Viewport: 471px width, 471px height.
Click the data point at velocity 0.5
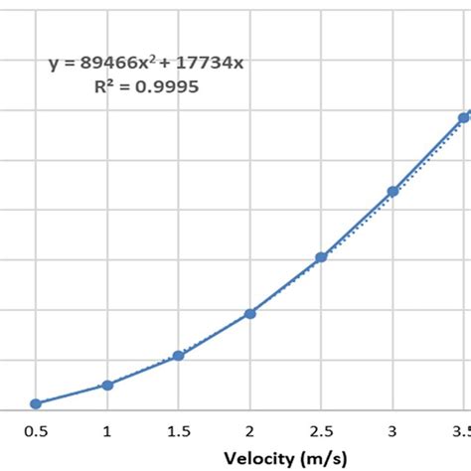(x=36, y=403)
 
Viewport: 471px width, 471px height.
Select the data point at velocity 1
(x=107, y=385)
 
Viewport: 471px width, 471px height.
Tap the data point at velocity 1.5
(x=179, y=355)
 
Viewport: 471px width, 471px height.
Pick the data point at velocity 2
(x=250, y=313)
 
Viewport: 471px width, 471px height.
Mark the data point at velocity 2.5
(x=321, y=256)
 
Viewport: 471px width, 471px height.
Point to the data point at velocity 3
(x=392, y=191)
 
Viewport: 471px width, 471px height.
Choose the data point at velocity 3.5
(x=463, y=117)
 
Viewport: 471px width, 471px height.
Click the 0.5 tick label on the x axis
(x=36, y=431)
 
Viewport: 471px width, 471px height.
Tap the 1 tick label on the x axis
(x=107, y=431)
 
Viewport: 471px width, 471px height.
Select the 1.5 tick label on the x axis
(x=179, y=431)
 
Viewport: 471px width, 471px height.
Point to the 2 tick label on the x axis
(x=250, y=431)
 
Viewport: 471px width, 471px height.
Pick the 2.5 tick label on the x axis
(x=321, y=431)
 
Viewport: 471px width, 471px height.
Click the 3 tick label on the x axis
(x=392, y=431)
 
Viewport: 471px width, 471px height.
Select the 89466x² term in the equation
(x=115, y=64)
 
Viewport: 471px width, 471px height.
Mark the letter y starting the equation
(x=55, y=65)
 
